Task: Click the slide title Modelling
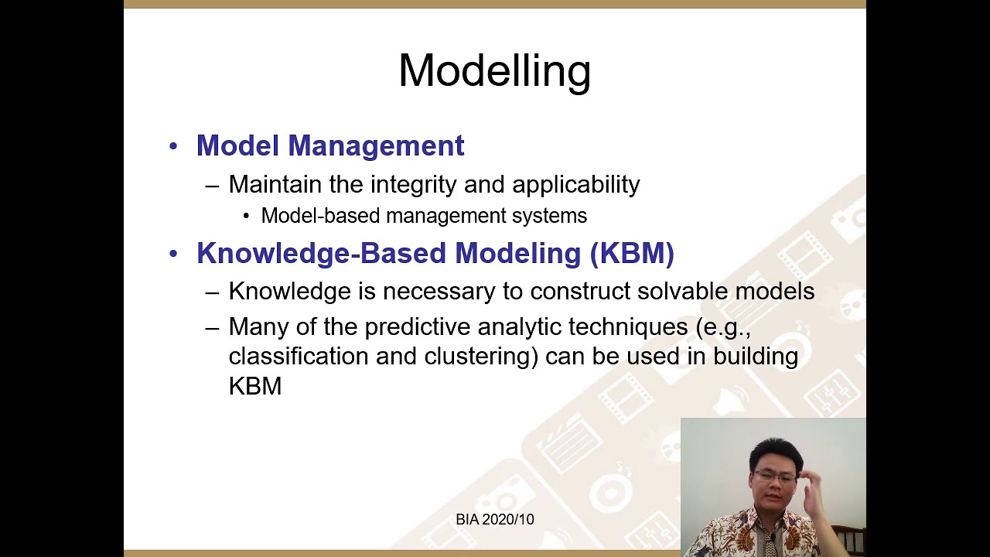tap(494, 71)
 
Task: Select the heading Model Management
tap(330, 145)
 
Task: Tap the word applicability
tap(575, 184)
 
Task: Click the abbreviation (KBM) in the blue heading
tap(632, 254)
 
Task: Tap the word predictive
tap(418, 327)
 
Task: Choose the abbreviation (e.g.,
tap(723, 327)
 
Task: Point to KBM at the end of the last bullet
tap(254, 386)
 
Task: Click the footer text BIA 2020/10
tap(494, 520)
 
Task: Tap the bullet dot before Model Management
tap(173, 146)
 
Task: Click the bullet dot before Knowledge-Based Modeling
tap(173, 255)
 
